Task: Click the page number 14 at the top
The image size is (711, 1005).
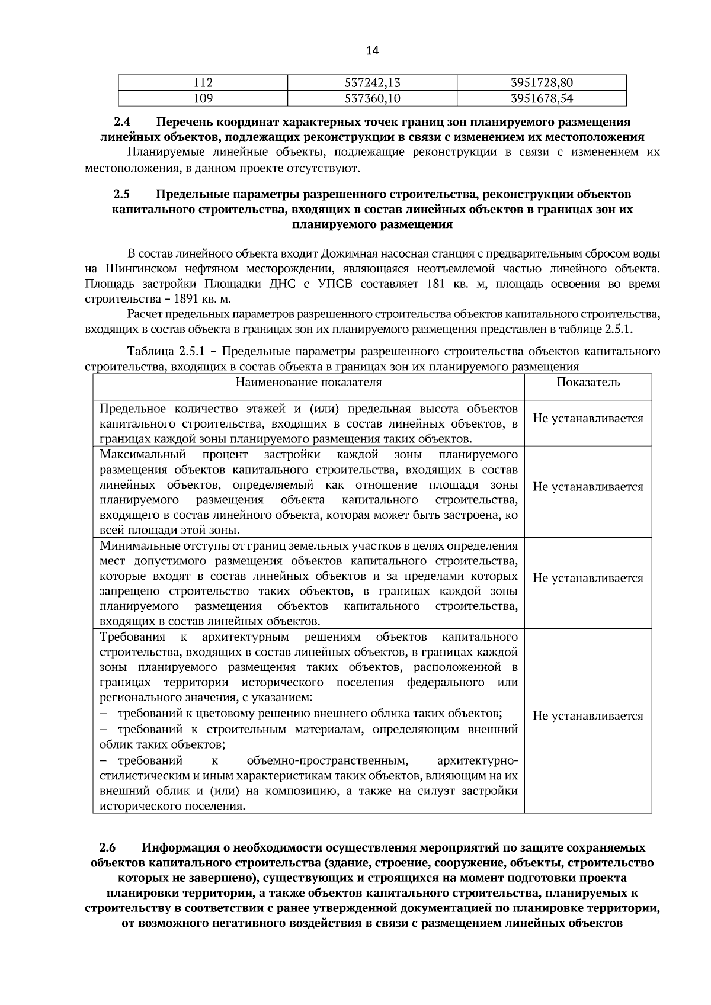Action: pos(372,51)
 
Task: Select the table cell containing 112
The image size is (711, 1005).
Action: pos(203,83)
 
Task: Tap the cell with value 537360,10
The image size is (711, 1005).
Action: pos(372,98)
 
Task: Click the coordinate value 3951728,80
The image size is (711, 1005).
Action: pos(542,83)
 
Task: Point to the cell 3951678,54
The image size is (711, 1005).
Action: pos(542,98)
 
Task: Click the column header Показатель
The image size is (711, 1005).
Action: pos(588,382)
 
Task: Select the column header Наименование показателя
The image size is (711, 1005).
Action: pos(308,382)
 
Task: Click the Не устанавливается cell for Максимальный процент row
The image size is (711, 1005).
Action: pos(588,487)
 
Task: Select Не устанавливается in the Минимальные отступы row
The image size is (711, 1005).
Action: pos(588,578)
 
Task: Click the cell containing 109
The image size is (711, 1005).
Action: pos(203,98)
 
